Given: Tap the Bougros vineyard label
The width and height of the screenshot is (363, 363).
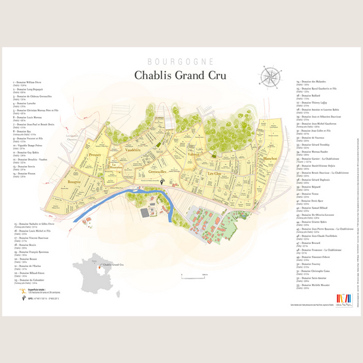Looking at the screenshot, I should [74, 182].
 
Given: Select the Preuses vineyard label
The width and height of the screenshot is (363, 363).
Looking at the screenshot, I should [95, 156].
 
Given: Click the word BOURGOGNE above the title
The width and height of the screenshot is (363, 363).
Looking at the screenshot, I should [180, 62].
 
